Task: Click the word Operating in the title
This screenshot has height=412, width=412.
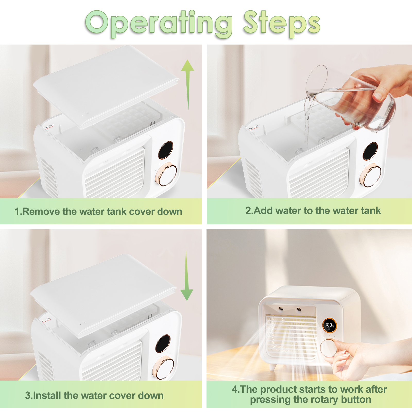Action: click(x=159, y=24)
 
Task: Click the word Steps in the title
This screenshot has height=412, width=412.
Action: click(x=282, y=24)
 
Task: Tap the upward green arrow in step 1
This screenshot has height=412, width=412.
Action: click(x=188, y=84)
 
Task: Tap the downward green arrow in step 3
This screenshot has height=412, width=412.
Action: click(x=186, y=276)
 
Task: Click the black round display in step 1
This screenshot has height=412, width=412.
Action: click(x=166, y=150)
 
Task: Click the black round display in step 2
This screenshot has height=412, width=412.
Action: click(x=370, y=151)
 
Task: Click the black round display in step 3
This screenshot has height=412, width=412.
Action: click(x=163, y=344)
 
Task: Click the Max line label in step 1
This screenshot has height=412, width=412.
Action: click(x=49, y=126)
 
